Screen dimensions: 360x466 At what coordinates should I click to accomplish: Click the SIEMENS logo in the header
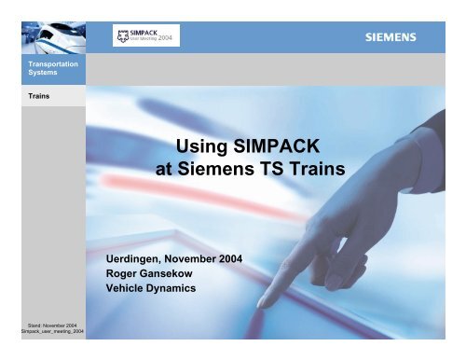click(x=390, y=38)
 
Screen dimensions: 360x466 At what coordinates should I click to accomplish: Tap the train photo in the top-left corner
click(x=43, y=28)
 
